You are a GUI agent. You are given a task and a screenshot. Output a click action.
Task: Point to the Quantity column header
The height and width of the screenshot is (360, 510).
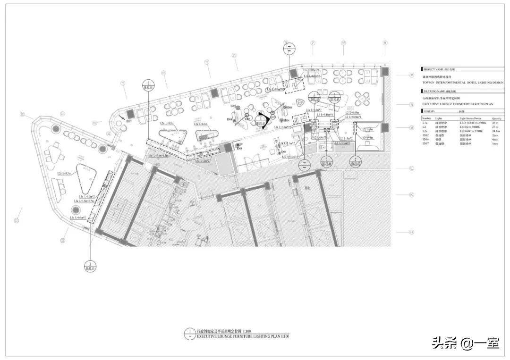[x=497, y=119]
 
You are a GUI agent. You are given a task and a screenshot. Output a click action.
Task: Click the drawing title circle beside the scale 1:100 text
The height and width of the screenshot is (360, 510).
[x=189, y=333]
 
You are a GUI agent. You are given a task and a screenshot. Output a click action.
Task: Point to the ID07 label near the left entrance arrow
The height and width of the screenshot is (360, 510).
[x=129, y=121]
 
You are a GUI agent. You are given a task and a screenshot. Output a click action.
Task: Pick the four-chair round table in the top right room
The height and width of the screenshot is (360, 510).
[x=363, y=98]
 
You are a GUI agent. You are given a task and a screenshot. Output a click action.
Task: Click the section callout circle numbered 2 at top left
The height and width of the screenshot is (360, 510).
[x=149, y=85]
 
